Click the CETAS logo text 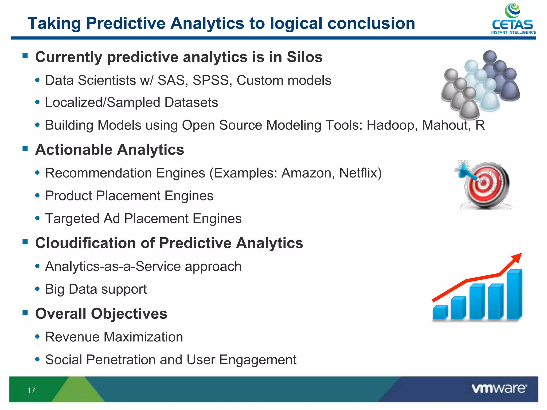pyautogui.click(x=512, y=25)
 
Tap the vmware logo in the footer pyautogui.click(x=499, y=388)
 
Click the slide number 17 pyautogui.click(x=31, y=391)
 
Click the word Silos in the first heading pyautogui.click(x=304, y=57)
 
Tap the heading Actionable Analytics pyautogui.click(x=110, y=149)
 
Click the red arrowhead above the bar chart pyautogui.click(x=517, y=257)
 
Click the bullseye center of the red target pyautogui.click(x=484, y=183)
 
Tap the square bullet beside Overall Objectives pyautogui.click(x=25, y=312)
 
